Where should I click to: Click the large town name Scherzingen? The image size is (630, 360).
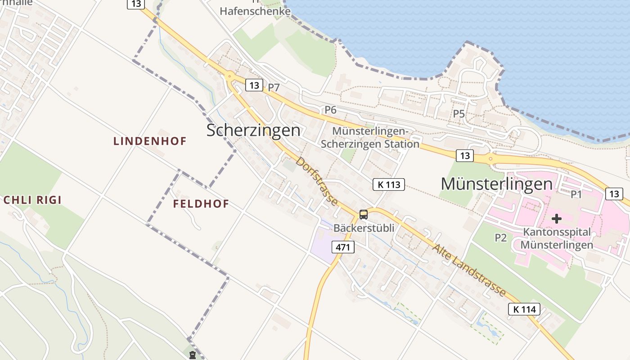[253, 130]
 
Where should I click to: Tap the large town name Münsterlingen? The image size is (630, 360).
[496, 184]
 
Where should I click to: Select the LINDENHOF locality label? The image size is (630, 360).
[150, 141]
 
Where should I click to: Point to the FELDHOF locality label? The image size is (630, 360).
[201, 204]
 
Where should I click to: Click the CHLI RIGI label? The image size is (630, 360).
[32, 200]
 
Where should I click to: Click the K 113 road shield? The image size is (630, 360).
[389, 184]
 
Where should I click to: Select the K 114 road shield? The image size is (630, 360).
[524, 309]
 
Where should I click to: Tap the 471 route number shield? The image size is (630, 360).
[343, 247]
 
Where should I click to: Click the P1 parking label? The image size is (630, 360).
[576, 194]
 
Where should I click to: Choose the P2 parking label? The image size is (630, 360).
[501, 238]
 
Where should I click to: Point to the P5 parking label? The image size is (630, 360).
[459, 114]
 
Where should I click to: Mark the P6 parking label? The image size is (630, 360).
[331, 110]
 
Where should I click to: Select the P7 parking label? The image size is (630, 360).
[274, 88]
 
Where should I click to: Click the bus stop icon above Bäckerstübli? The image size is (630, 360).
[363, 215]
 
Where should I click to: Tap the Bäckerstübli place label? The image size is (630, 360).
[364, 228]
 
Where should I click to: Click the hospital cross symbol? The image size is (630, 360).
[557, 219]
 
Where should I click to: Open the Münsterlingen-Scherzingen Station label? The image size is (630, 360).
[370, 138]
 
